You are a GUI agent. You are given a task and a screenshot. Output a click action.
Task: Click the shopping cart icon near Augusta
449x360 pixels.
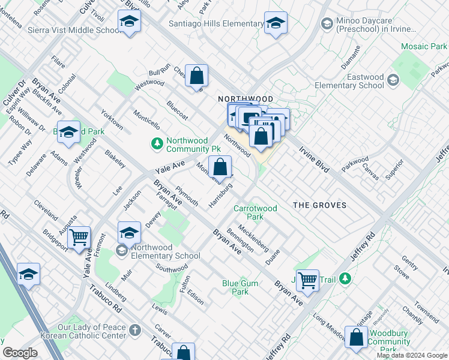click(79, 238)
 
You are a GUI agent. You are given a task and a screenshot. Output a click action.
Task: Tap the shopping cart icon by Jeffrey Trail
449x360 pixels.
click(307, 279)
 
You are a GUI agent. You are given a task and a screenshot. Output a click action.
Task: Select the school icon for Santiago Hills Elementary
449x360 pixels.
click(276, 23)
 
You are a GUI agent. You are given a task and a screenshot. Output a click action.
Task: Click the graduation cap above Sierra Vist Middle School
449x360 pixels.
click(128, 21)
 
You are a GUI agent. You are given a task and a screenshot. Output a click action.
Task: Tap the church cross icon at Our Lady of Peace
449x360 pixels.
click(136, 330)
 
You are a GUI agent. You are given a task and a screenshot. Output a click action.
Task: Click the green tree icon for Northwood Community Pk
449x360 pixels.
click(157, 143)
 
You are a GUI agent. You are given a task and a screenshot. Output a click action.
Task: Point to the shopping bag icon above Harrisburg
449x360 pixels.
click(220, 166)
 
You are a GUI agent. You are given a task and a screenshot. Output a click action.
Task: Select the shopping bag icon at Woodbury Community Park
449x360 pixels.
click(357, 337)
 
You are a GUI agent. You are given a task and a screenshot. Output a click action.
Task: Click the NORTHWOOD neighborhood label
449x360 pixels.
click(245, 98)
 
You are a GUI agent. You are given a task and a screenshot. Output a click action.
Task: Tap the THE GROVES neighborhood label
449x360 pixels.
click(319, 205)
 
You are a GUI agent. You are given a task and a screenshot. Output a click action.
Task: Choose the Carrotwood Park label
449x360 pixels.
click(256, 212)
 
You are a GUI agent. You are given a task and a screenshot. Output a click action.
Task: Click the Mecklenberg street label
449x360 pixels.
click(253, 237)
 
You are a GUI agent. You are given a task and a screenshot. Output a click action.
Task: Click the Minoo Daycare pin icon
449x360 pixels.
click(327, 23)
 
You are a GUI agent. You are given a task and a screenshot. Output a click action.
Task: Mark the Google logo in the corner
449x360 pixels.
click(20, 353)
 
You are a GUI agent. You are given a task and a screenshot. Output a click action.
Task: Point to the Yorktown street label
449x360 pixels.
click(112, 120)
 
